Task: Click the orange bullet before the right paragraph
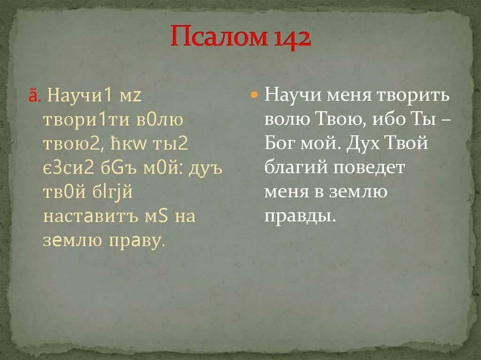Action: click(254, 95)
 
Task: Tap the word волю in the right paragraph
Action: click(286, 119)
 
